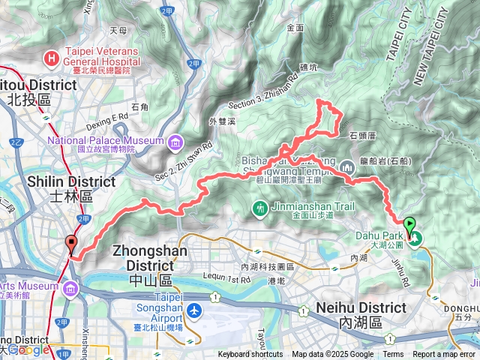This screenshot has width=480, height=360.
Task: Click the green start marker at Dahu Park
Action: pyautogui.click(x=409, y=224)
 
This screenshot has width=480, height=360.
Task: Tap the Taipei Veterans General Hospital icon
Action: pyautogui.click(x=51, y=56)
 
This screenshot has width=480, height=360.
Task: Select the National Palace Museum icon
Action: pyautogui.click(x=175, y=141)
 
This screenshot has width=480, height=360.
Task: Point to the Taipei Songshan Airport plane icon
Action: pyautogui.click(x=195, y=309)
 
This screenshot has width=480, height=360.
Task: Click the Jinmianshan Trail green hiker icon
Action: pyautogui.click(x=260, y=207)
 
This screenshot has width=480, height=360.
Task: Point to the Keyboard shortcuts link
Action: pyautogui.click(x=250, y=355)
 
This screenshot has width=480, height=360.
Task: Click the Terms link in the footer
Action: pyautogui.click(x=393, y=355)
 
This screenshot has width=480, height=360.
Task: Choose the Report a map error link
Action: pyautogui.click(x=444, y=355)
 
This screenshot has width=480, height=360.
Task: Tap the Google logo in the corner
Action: pyautogui.click(x=27, y=350)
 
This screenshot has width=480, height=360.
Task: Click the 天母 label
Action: pyautogui.click(x=118, y=31)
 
